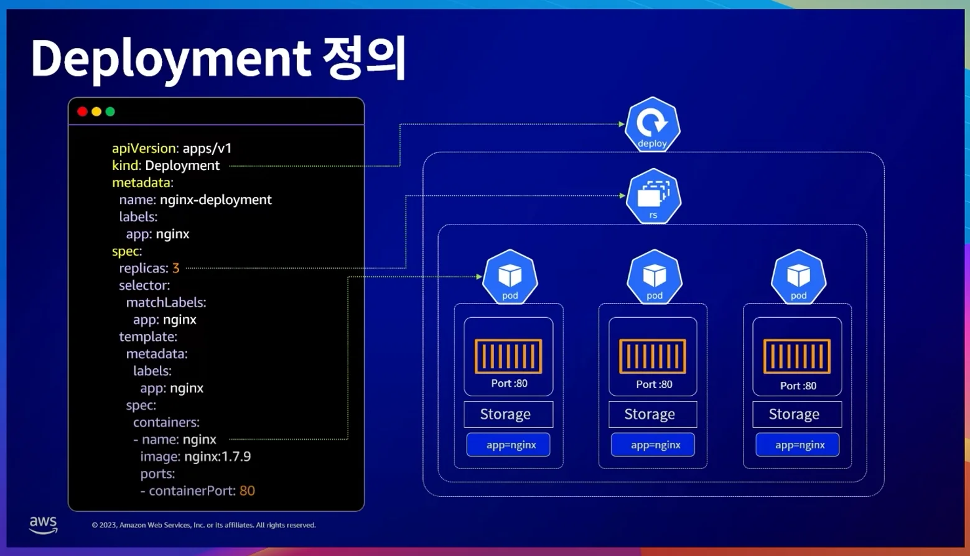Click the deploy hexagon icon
(x=652, y=124)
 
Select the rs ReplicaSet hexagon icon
(x=653, y=197)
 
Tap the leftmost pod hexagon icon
(x=510, y=277)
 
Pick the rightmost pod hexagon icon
(x=798, y=277)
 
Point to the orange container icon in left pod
(x=508, y=356)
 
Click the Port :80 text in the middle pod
(x=654, y=384)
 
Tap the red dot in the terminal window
(x=82, y=111)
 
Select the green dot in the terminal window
(x=110, y=111)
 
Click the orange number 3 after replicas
(x=176, y=268)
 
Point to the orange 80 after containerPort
(x=247, y=491)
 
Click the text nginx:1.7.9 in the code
(x=218, y=456)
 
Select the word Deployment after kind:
(x=182, y=165)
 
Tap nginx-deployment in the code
(x=216, y=200)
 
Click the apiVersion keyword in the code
(x=144, y=148)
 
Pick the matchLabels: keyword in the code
(x=166, y=302)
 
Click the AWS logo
(x=43, y=524)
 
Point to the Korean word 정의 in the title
(x=365, y=58)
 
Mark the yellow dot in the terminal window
(x=96, y=111)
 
